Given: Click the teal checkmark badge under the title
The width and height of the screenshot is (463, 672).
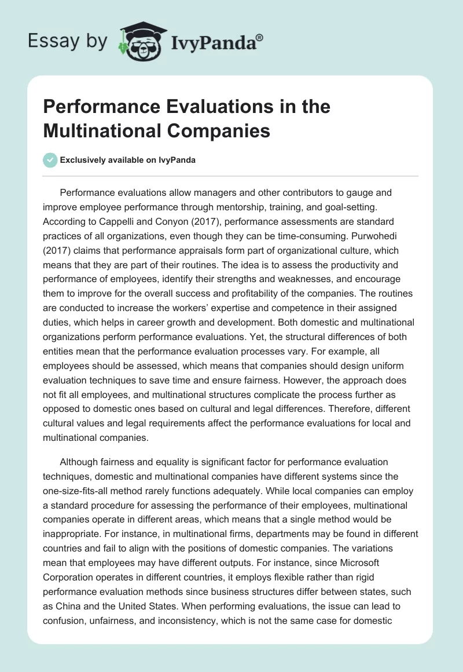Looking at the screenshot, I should [x=50, y=160].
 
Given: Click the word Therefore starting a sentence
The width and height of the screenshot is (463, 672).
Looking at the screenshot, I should [x=376, y=408].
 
